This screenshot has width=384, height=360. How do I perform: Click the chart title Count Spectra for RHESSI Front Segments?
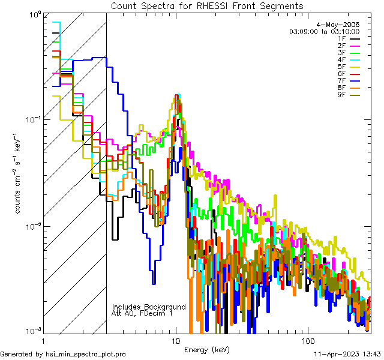[207, 5]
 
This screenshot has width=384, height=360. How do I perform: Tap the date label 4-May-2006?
[342, 24]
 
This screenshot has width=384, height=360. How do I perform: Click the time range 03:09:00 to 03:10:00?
[325, 31]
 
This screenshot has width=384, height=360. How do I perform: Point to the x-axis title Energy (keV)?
[207, 350]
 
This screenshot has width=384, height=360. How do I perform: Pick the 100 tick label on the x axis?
[307, 340]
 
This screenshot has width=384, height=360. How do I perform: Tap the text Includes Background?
[149, 307]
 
